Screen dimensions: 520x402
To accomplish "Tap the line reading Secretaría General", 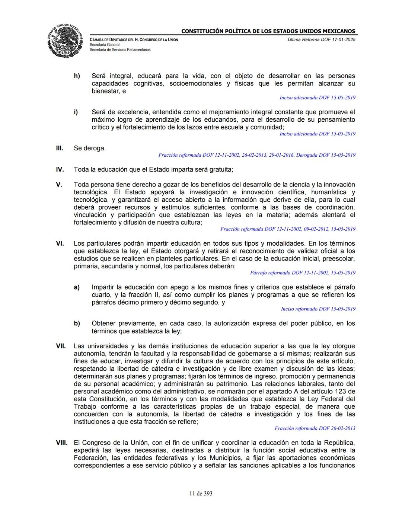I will tap(105, 45).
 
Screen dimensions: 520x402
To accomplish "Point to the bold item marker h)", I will tap(77, 76).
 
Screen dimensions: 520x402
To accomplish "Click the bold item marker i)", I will tap(76, 112).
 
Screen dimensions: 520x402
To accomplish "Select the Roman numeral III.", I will tap(60, 148).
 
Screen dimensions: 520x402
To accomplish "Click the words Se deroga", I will tap(90, 148).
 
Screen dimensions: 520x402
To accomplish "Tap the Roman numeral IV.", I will tap(60, 170).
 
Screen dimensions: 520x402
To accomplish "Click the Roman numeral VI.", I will tap(60, 243).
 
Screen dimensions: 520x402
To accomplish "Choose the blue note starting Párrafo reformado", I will tap(303, 273).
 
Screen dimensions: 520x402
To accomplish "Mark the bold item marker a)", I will tap(77, 287).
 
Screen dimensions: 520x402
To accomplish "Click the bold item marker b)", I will tap(77, 323).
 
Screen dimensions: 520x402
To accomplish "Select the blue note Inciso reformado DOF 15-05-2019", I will tap(318, 309).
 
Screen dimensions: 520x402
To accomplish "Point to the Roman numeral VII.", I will tap(61, 346).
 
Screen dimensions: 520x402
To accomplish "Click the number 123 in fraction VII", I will tap(350, 392).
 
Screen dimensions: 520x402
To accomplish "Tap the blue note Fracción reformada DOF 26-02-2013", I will tap(315, 428).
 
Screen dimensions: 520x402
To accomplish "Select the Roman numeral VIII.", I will tap(61, 443).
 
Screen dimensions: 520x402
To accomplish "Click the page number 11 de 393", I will tap(201, 494).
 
